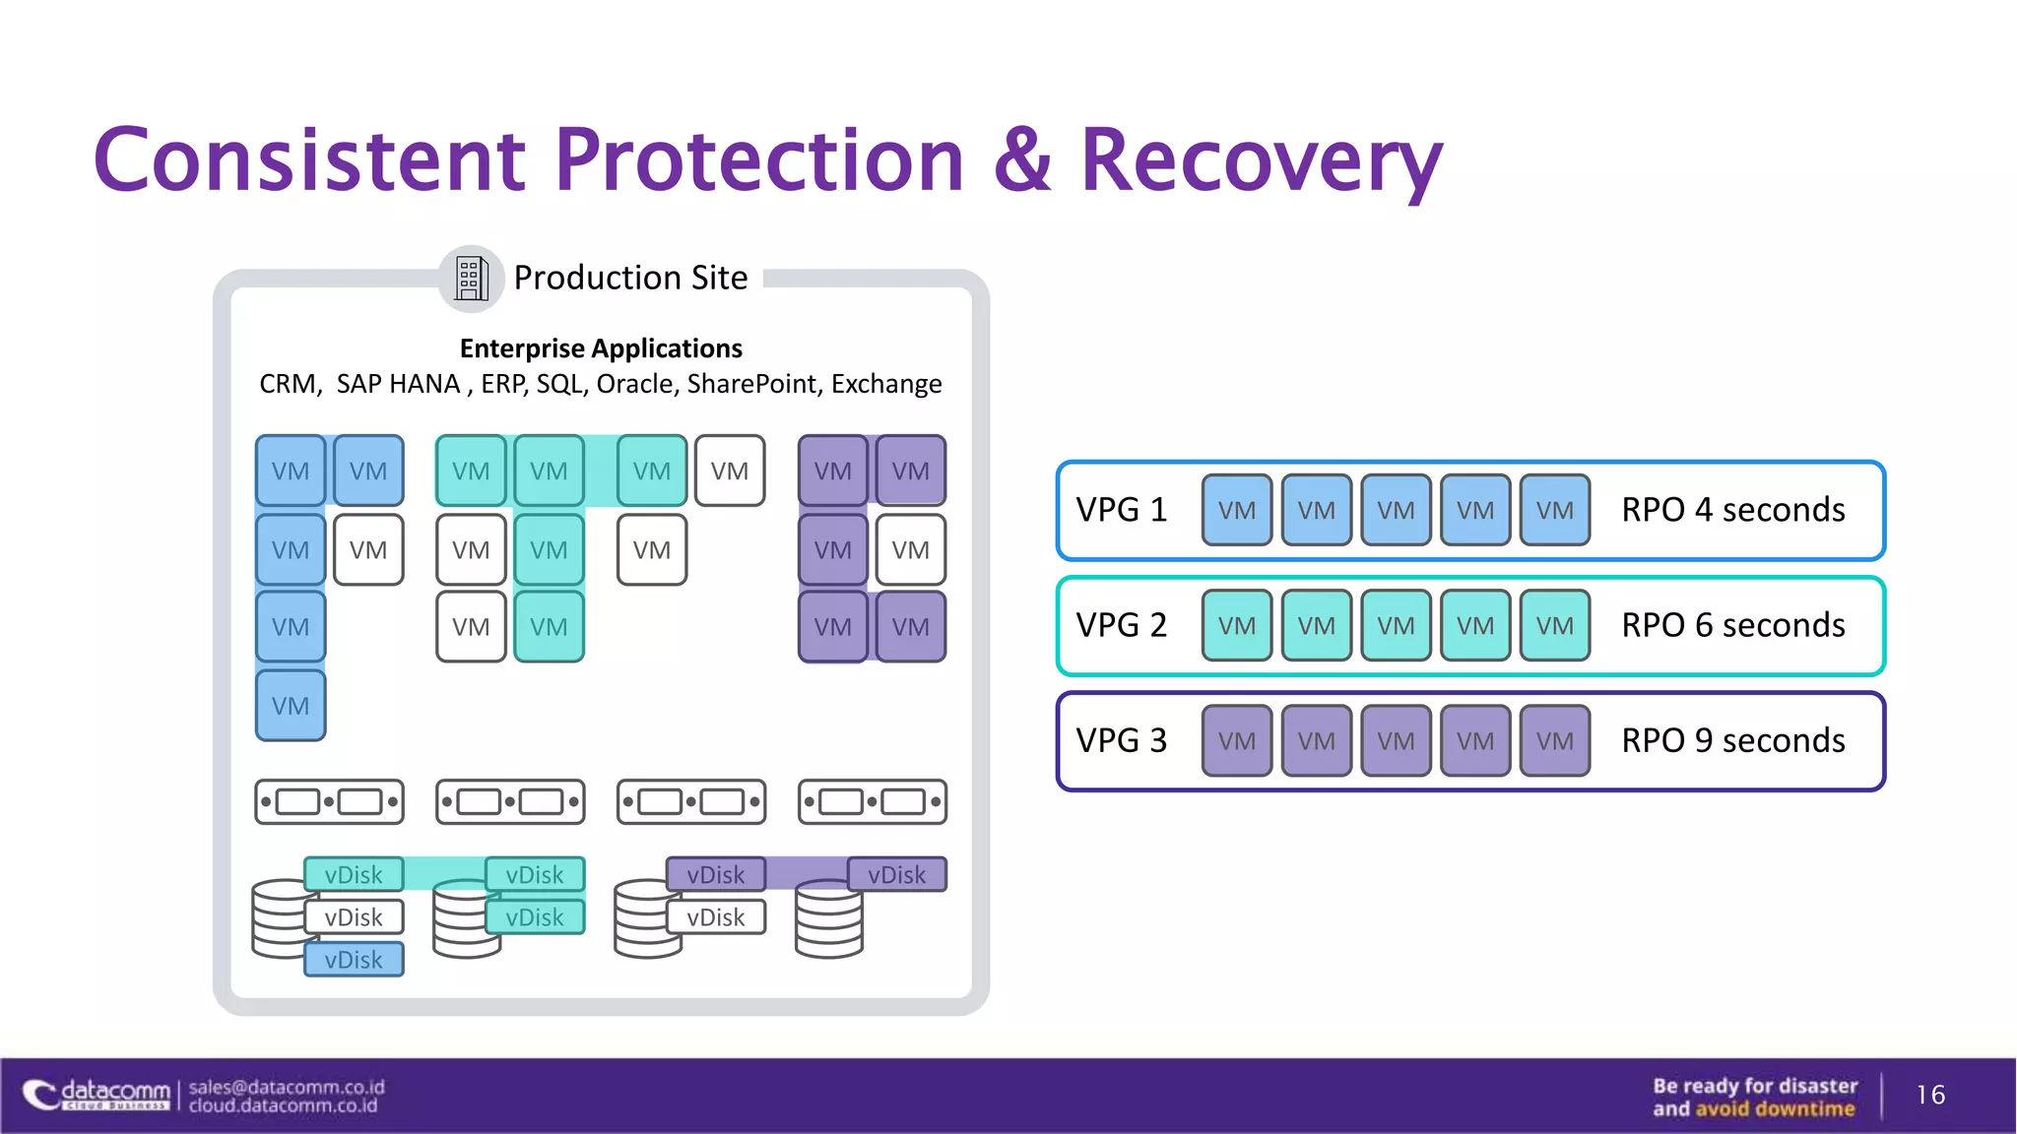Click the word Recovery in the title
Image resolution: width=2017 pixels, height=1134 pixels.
[x=1261, y=160]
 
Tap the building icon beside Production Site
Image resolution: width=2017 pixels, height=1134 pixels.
[x=471, y=279]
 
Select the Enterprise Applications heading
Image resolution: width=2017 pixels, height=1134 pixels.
[x=601, y=348]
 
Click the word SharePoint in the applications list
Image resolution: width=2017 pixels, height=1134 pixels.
[x=752, y=384]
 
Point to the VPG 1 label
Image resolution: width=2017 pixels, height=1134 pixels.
[x=1121, y=510]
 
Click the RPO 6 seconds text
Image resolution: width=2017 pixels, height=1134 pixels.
[x=1732, y=625]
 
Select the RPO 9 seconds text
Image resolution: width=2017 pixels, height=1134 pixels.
[x=1732, y=740]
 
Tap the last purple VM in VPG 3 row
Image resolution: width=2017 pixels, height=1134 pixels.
[x=1554, y=741]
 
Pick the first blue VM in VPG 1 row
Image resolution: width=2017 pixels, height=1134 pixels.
[x=1236, y=510]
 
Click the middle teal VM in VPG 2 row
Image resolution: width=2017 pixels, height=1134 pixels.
[x=1396, y=625]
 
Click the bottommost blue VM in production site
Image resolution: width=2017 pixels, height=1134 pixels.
[x=291, y=706]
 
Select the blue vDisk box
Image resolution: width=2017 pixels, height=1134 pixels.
[x=354, y=960]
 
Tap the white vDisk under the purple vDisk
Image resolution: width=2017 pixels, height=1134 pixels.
[x=716, y=917]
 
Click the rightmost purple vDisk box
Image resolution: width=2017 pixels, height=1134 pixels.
[x=896, y=874]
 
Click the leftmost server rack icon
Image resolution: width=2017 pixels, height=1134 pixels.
[x=329, y=802]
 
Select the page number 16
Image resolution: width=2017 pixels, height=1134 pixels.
[x=1930, y=1095]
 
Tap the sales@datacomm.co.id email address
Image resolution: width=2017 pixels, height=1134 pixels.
[x=287, y=1087]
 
